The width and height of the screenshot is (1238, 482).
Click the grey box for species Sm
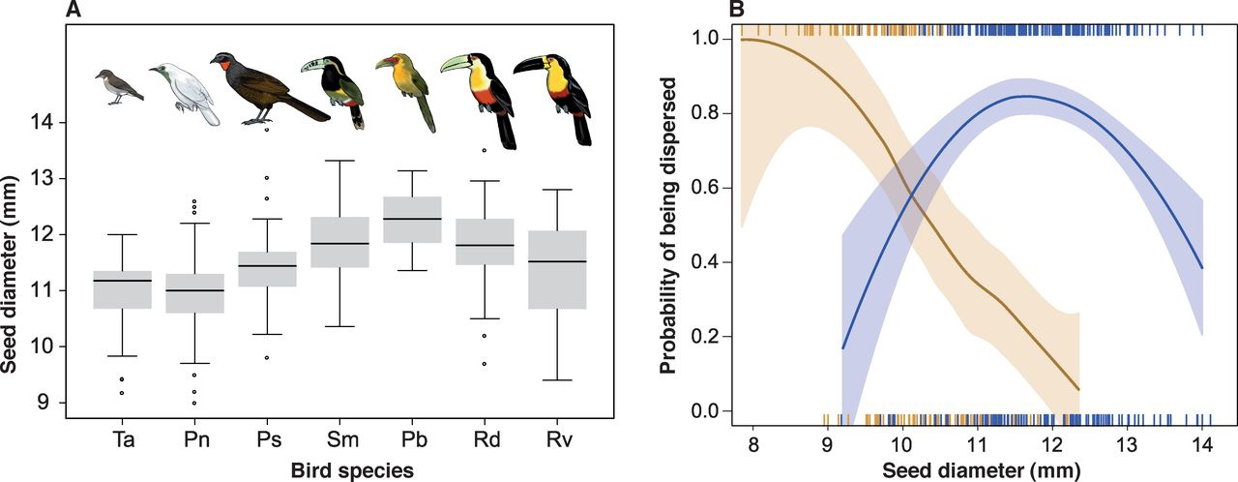(x=345, y=242)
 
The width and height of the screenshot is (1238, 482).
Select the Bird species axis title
(x=345, y=470)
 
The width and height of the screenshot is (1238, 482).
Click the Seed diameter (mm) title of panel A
(x=14, y=262)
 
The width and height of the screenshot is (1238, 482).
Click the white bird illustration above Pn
(x=188, y=92)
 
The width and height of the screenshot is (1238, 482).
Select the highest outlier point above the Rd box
(x=495, y=150)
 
